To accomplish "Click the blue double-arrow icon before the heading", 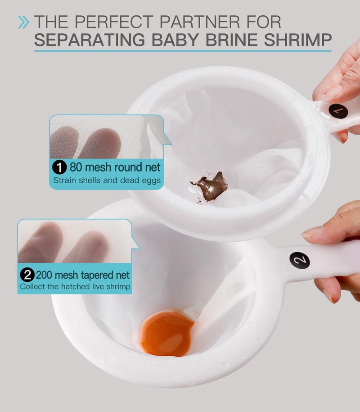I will coord(23,22).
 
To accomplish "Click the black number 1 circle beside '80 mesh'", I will coord(59,168).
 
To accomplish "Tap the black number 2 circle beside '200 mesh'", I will coord(27,274).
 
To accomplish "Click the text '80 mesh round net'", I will coord(115,168).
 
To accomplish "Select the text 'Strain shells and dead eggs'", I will coord(107,181).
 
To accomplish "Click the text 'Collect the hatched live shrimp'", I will coord(75,286).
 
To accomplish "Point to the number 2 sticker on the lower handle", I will coord(299,260).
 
